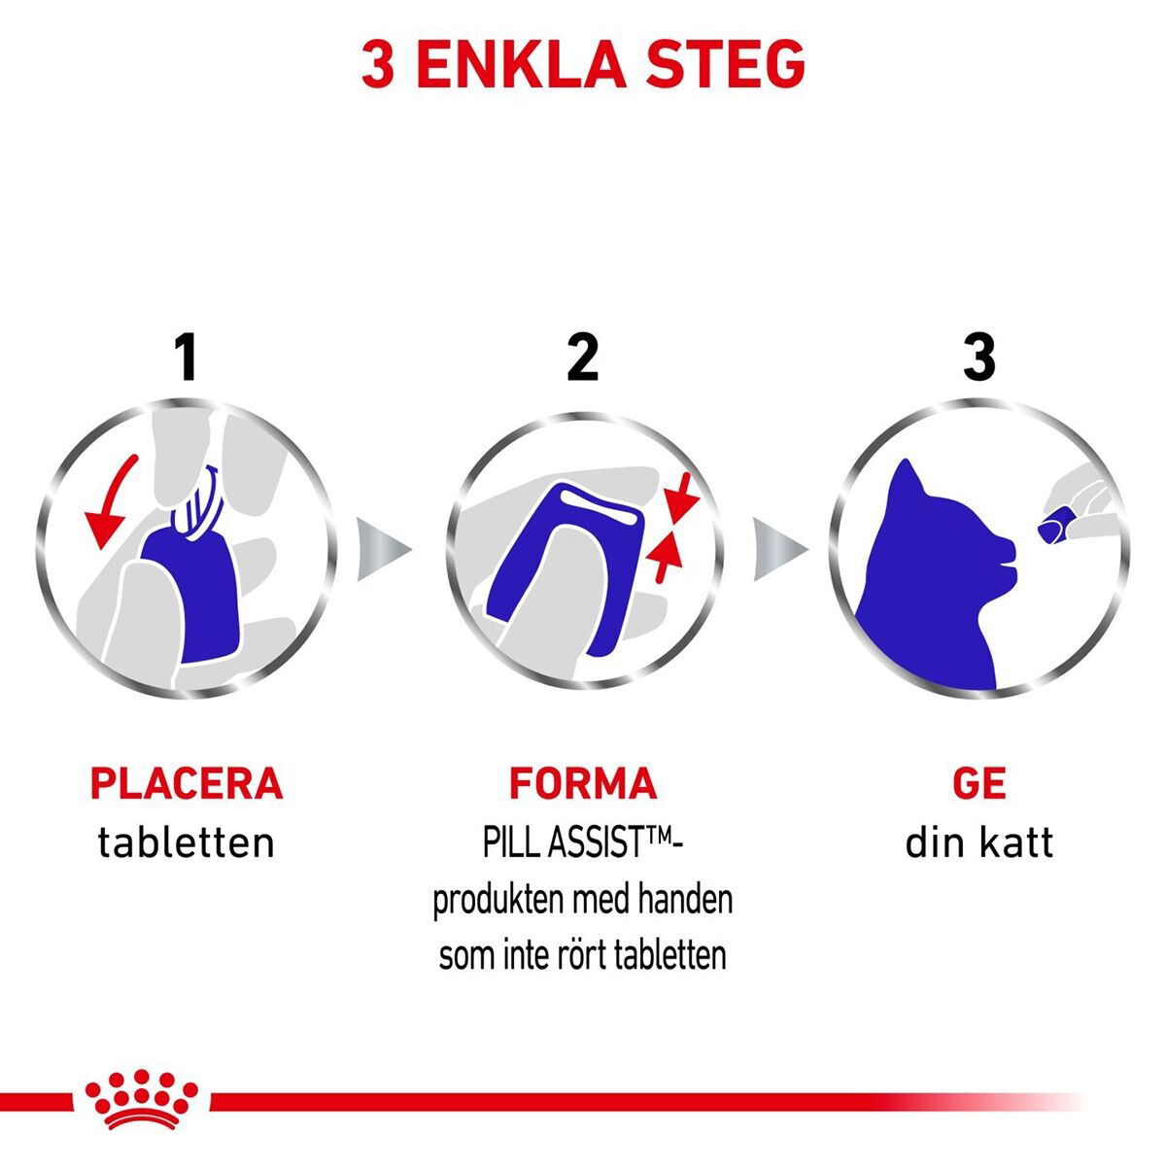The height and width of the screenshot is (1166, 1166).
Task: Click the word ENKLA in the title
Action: coord(522,65)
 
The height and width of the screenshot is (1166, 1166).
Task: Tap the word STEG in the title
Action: coord(725,65)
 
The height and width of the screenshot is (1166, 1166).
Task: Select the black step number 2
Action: coord(582,358)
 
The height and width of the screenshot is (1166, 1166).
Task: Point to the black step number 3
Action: coord(979,358)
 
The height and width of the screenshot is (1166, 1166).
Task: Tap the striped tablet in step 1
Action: coord(197,502)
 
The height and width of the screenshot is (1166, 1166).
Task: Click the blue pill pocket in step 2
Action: coord(563,568)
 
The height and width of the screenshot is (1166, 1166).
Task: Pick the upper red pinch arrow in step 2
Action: coord(681,498)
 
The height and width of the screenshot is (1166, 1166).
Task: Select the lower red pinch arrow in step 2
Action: coord(664,556)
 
